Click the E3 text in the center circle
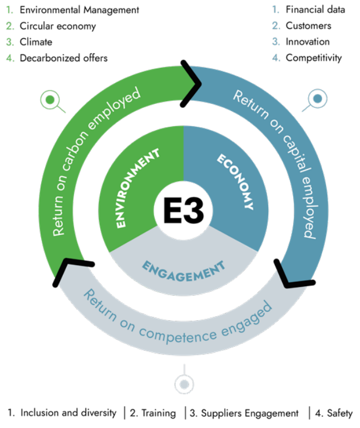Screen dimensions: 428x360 click(183, 211)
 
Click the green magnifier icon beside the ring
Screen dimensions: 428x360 click(51, 101)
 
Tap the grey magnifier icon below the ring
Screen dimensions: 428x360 click(184, 384)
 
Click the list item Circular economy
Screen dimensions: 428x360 click(57, 26)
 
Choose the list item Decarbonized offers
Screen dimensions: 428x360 click(64, 58)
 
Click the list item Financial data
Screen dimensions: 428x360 click(315, 9)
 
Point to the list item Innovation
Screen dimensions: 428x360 click(308, 42)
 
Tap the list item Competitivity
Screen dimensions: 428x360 click(314, 58)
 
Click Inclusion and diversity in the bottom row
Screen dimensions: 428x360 click(68, 413)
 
